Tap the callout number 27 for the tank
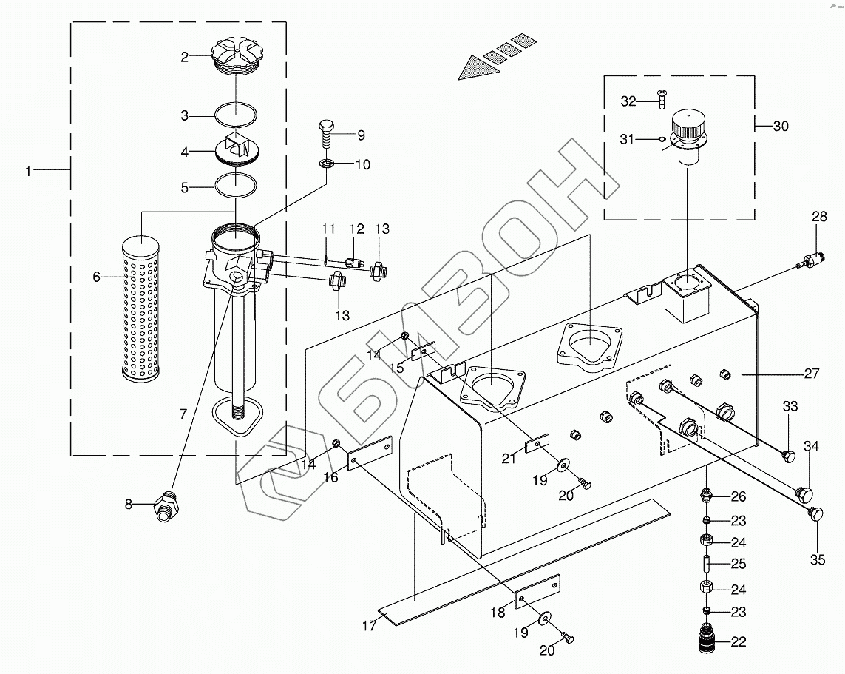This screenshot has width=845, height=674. click(x=812, y=373)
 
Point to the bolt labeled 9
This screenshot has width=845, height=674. click(x=325, y=134)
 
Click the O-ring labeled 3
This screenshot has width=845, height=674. click(x=236, y=115)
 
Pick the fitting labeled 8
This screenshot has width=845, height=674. click(x=166, y=505)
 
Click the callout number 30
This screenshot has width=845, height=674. click(x=781, y=127)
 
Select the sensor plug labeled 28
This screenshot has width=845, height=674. click(x=807, y=259)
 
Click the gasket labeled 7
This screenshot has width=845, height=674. click(x=237, y=417)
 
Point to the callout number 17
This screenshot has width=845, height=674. click(x=369, y=625)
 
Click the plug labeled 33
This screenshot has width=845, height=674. click(x=788, y=456)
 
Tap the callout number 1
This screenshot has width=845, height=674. click(x=29, y=171)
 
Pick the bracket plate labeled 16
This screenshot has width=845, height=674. click(x=370, y=454)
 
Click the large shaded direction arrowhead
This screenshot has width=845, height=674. click(x=478, y=68)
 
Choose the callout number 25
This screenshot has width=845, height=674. click(x=739, y=564)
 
